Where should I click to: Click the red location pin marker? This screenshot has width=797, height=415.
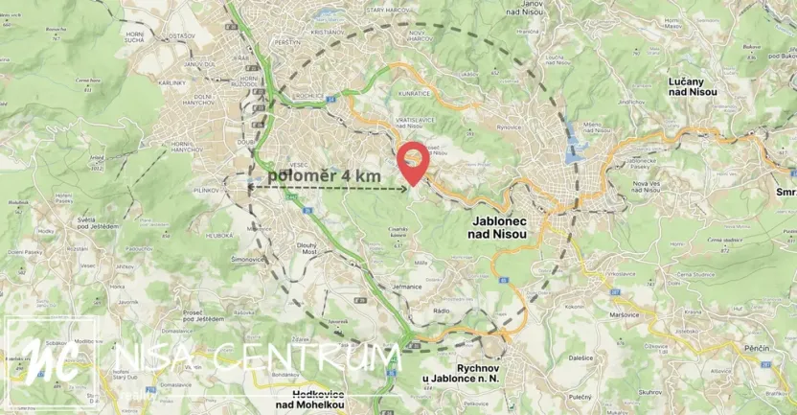(413, 160)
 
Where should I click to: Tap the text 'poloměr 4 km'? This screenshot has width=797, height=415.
(324, 176)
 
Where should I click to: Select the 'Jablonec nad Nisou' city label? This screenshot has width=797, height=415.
(507, 226)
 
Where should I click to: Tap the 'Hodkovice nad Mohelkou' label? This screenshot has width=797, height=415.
(316, 399)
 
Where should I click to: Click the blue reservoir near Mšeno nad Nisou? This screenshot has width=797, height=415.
(575, 142)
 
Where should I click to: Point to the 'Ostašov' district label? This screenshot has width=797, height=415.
(181, 35)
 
